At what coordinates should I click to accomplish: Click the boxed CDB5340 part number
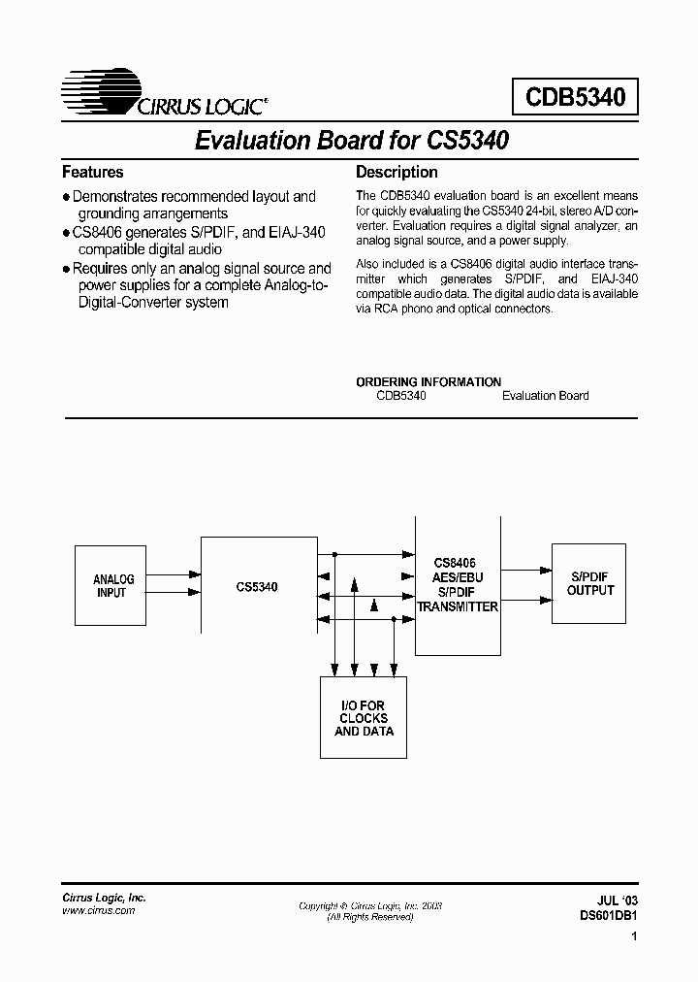click(575, 97)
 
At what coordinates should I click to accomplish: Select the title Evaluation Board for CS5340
click(351, 141)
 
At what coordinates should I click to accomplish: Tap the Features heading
click(93, 173)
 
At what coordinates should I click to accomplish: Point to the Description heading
click(397, 173)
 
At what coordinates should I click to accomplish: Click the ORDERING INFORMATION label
click(428, 381)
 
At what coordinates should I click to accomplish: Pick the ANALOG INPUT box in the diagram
click(113, 586)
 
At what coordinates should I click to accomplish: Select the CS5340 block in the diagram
click(256, 586)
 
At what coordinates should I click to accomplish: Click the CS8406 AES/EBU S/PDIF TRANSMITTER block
click(457, 585)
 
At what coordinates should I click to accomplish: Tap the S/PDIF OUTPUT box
click(590, 583)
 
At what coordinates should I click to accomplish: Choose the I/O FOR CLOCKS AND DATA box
click(364, 717)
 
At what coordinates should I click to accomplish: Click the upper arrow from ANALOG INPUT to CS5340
click(176, 574)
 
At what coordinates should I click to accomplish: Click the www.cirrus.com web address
click(99, 910)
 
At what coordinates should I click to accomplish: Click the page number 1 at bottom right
click(633, 938)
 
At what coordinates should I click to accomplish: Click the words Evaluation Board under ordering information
click(545, 395)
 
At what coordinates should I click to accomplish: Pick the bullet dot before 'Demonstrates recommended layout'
click(66, 197)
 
